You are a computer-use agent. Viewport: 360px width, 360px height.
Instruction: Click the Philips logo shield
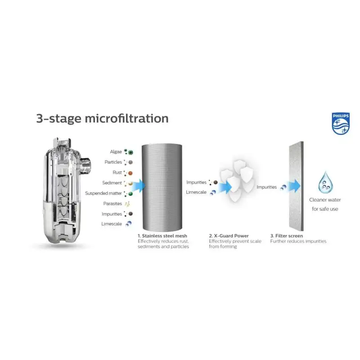(341, 123)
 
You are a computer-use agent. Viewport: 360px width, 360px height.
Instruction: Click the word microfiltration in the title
(126, 118)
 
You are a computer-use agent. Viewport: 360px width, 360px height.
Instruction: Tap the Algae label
(116, 152)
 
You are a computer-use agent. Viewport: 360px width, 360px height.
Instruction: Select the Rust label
(117, 172)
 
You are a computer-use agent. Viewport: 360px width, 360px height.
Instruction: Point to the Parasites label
(112, 204)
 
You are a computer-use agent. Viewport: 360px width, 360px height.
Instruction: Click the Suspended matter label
(103, 193)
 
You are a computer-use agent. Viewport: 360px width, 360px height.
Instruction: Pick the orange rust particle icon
(130, 173)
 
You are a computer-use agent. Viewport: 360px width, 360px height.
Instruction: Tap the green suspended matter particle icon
(130, 194)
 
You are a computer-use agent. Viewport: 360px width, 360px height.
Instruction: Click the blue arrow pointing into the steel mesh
(139, 186)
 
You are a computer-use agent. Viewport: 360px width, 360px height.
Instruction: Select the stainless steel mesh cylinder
(162, 187)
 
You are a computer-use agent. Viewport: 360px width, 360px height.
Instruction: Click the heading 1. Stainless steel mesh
(162, 236)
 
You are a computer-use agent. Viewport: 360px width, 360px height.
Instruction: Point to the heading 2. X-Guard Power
(229, 236)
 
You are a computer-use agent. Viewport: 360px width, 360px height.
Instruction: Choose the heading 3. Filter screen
(287, 236)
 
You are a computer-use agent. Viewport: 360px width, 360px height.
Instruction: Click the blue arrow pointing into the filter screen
(294, 186)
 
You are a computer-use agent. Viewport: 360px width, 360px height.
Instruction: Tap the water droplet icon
(325, 182)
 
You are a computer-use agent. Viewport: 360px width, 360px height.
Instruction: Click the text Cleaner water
(325, 200)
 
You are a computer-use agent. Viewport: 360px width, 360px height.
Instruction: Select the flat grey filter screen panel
(296, 186)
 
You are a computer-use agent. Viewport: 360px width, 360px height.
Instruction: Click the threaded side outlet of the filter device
(85, 166)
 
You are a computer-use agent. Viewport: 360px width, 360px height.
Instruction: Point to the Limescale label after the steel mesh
(196, 192)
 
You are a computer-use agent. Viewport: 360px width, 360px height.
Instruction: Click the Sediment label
(112, 183)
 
